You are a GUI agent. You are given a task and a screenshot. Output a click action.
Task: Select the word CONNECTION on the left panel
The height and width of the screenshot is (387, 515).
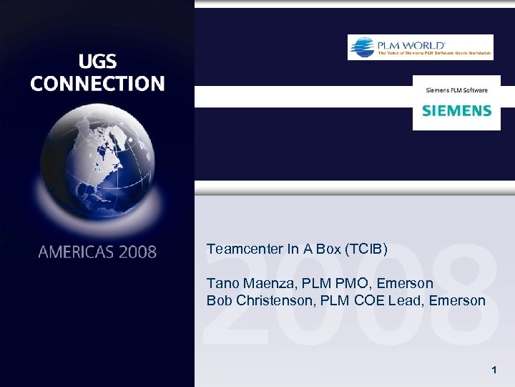tap(97, 84)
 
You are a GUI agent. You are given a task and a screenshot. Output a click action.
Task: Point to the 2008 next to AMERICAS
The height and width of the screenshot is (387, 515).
tap(137, 252)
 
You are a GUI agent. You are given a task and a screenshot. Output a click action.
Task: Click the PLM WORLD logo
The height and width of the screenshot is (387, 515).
tap(420, 47)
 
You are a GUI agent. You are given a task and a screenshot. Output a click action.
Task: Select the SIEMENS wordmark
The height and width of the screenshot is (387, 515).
tap(456, 110)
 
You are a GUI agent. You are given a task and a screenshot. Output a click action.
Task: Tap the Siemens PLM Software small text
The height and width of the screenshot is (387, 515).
tap(456, 90)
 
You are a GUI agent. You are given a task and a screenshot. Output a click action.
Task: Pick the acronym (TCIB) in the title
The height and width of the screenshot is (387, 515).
tap(366, 249)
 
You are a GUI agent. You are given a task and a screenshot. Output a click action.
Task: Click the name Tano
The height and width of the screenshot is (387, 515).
tap(222, 283)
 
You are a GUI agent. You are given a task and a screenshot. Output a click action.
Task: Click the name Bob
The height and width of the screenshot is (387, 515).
tap(219, 300)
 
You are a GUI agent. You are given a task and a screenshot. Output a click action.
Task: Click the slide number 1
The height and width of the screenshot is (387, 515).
tap(494, 371)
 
